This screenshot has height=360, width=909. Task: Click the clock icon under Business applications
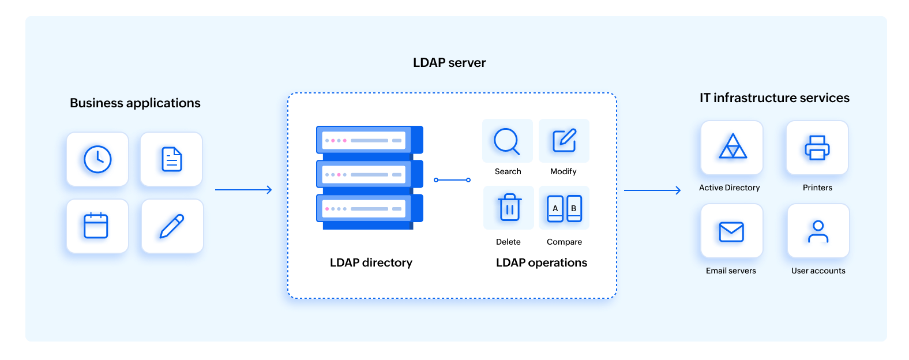coord(97,159)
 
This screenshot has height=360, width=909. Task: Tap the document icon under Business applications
coord(171,159)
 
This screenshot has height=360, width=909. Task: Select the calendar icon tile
coord(96,226)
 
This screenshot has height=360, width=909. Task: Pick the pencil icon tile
coord(172,226)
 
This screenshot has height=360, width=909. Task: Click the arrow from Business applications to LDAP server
coord(243,190)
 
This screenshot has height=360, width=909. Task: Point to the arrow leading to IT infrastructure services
coord(652,190)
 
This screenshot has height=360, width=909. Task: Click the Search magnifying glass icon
coord(507,141)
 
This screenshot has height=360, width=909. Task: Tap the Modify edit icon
coord(564,141)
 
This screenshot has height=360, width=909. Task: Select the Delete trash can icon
coord(509,208)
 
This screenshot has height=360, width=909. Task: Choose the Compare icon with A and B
coord(564,208)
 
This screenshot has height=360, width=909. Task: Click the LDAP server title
coord(449,62)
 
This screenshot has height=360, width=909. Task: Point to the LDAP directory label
coord(371,262)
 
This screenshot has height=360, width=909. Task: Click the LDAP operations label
coord(541,262)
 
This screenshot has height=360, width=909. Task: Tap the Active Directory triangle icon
coord(733,147)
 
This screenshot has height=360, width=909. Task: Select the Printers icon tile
coord(817,148)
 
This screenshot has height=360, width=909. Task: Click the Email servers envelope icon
coord(731,231)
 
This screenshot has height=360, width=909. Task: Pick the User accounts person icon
coord(818,231)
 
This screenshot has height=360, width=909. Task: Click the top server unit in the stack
coord(369,140)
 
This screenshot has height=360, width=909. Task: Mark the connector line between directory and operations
coord(452,180)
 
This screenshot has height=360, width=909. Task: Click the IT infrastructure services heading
coord(774,98)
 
